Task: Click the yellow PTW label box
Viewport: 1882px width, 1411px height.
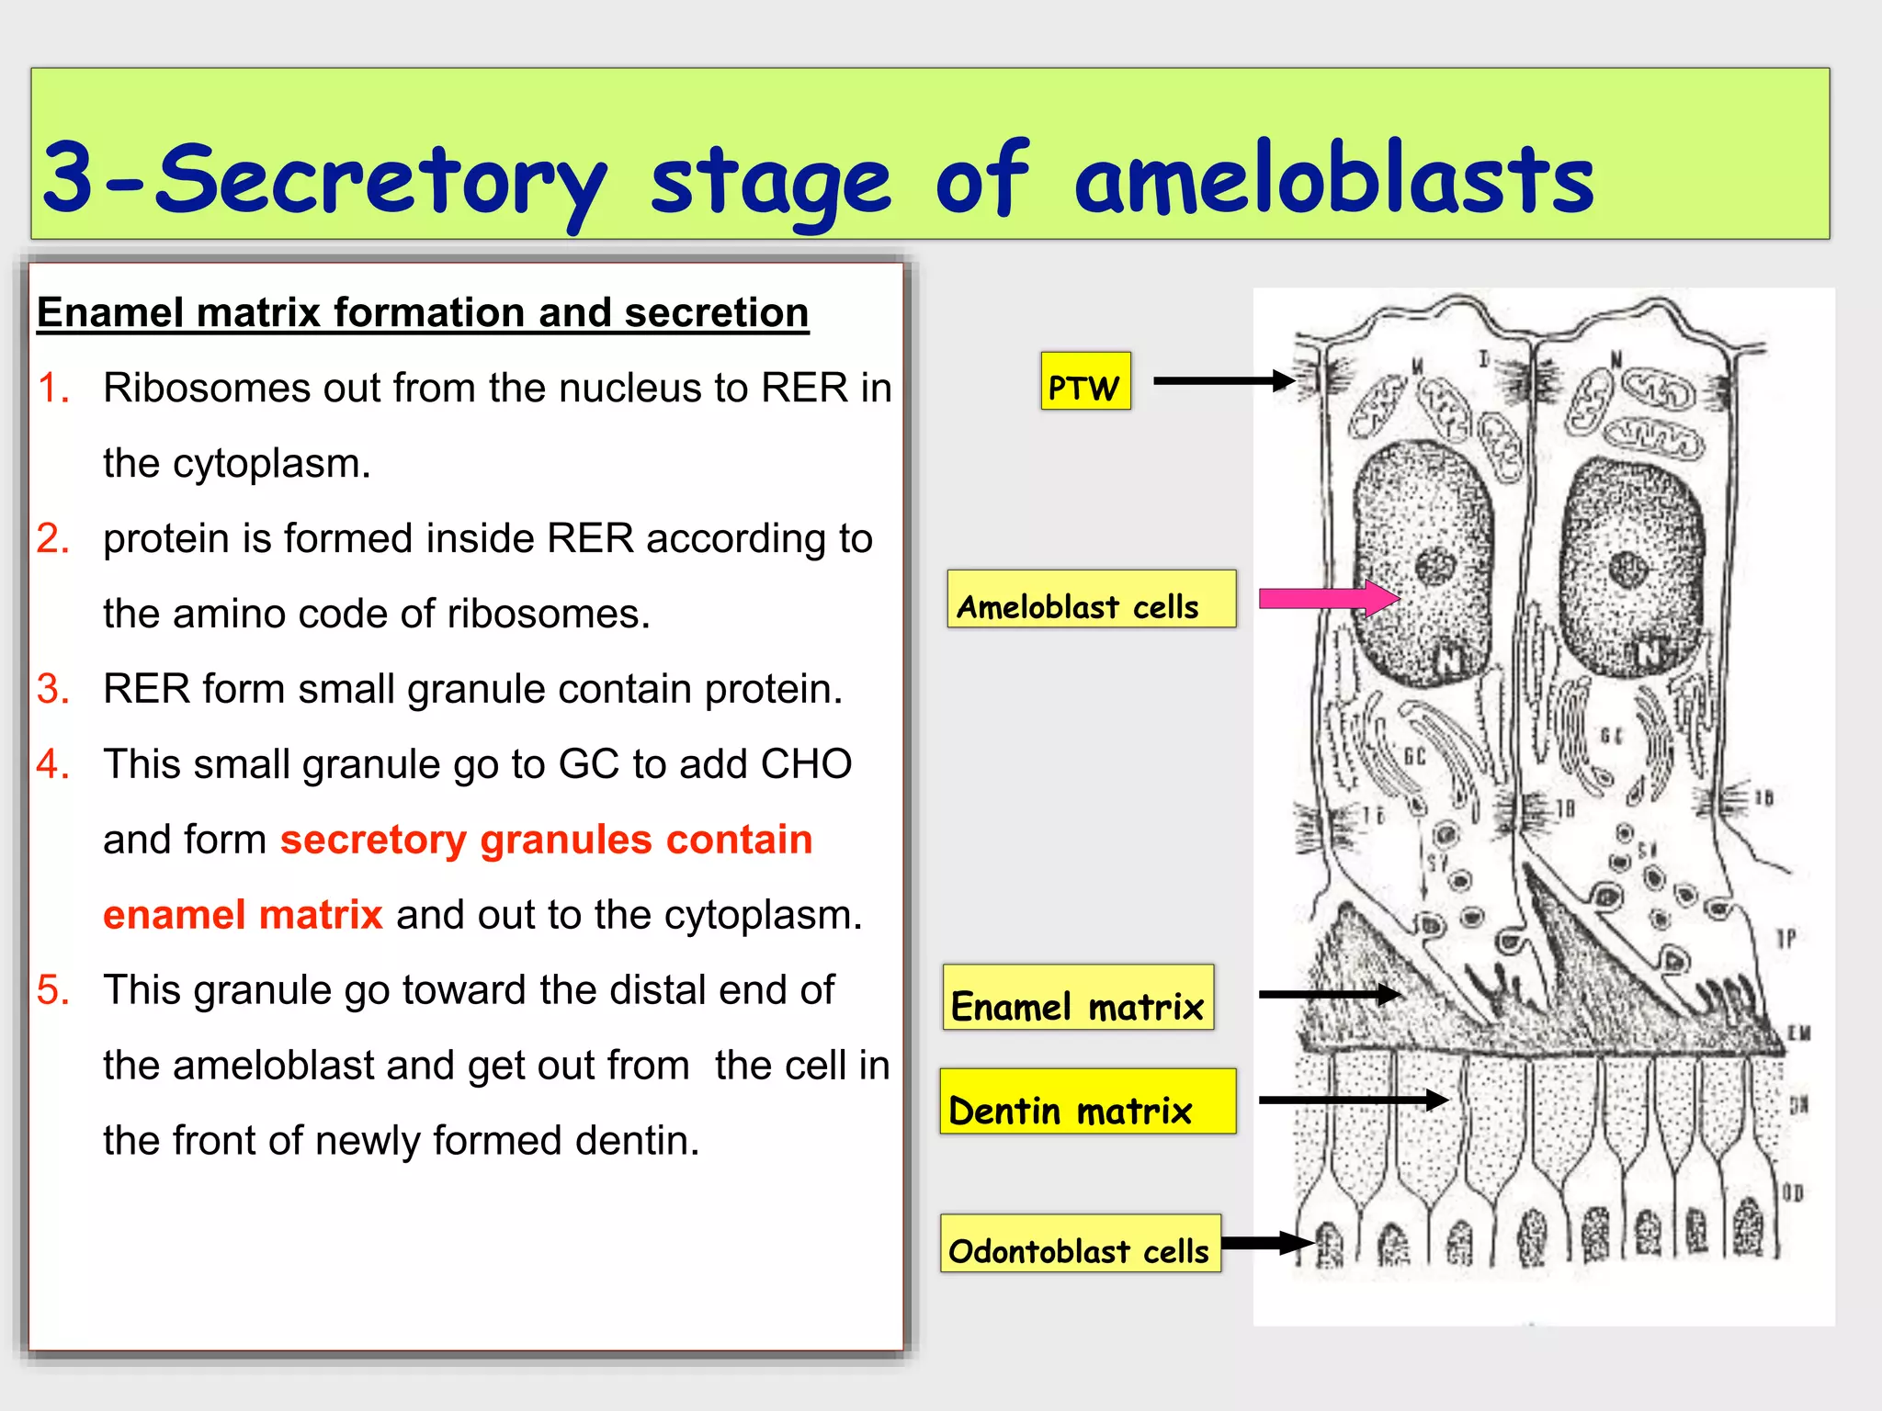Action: pyautogui.click(x=1085, y=381)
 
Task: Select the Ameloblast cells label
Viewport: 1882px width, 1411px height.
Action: pyautogui.click(x=1091, y=599)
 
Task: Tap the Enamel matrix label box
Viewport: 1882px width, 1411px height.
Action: pyautogui.click(x=1078, y=998)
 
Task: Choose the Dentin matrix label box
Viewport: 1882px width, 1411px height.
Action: pyautogui.click(x=1087, y=1101)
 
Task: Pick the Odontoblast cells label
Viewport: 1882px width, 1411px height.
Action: pyautogui.click(x=1080, y=1244)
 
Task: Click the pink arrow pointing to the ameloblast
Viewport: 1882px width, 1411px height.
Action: pyautogui.click(x=1328, y=598)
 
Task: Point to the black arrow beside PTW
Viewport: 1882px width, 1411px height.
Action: pyautogui.click(x=1223, y=380)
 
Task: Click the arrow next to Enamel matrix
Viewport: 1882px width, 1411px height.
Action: pyautogui.click(x=1329, y=994)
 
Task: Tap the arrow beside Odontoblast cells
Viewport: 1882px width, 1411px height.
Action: pyautogui.click(x=1267, y=1244)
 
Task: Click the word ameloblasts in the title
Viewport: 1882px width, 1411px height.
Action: pyautogui.click(x=1333, y=178)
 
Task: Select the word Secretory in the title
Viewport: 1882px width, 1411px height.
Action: pyautogui.click(x=380, y=180)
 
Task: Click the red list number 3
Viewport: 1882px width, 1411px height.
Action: pyautogui.click(x=52, y=689)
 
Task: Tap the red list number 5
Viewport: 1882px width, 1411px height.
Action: pyautogui.click(x=52, y=990)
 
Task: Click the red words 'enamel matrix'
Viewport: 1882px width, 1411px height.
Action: pyautogui.click(x=243, y=915)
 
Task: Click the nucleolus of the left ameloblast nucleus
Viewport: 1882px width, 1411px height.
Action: pyautogui.click(x=1434, y=566)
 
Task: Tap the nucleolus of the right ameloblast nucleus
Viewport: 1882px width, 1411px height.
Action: pyautogui.click(x=1628, y=570)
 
